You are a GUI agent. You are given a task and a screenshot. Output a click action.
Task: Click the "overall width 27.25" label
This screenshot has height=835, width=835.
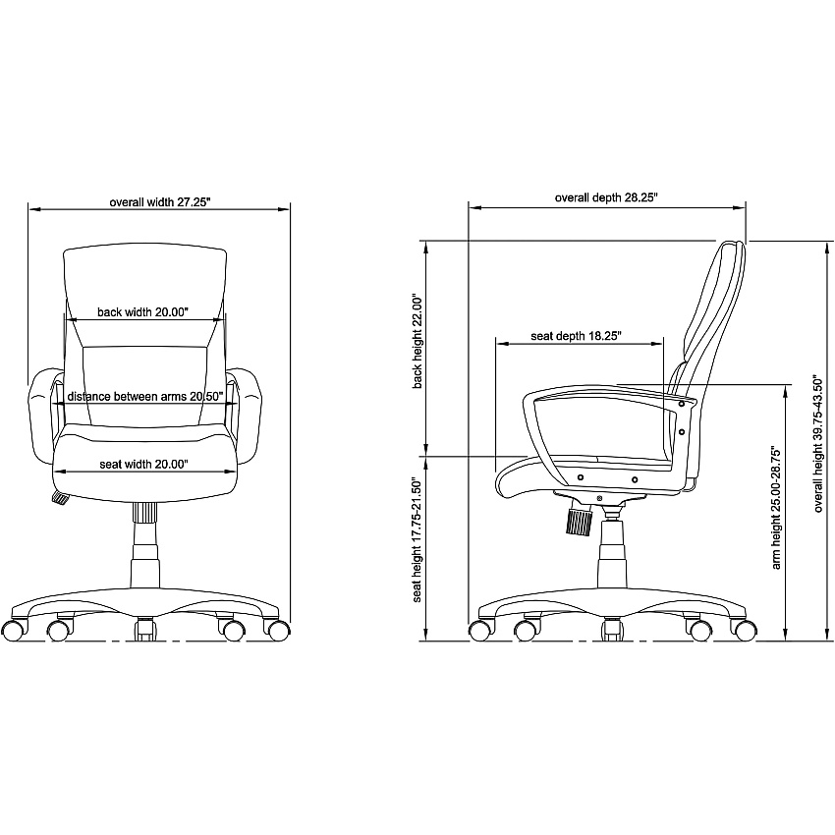(x=160, y=202)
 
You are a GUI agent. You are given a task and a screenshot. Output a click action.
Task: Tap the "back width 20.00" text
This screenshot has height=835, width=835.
(x=142, y=312)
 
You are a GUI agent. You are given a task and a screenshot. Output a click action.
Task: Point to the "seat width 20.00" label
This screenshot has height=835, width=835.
(x=143, y=465)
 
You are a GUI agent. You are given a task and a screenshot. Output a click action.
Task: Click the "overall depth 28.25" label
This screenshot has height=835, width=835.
(x=606, y=197)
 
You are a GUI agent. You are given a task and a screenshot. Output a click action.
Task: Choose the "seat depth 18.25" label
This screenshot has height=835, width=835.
(x=577, y=336)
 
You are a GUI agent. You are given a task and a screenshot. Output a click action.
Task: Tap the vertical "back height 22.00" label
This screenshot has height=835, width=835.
(x=417, y=341)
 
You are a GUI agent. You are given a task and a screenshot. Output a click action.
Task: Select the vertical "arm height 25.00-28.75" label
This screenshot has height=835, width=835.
(x=776, y=509)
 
